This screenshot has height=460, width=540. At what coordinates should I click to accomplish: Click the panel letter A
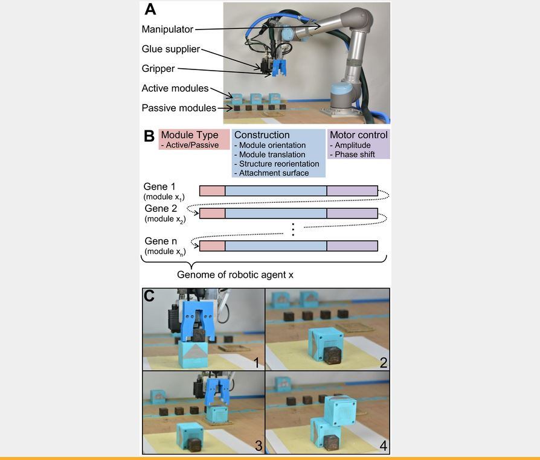click(150, 10)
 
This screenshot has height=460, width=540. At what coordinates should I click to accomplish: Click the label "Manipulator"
click(167, 29)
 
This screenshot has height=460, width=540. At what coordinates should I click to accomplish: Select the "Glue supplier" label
click(170, 49)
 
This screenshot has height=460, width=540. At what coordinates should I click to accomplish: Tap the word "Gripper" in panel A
click(158, 69)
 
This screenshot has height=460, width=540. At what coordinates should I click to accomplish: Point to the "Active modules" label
click(175, 88)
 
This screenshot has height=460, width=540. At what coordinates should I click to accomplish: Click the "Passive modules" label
click(178, 108)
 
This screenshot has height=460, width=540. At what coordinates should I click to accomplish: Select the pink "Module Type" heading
click(189, 135)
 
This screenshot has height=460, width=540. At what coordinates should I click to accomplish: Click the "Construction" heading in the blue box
click(262, 135)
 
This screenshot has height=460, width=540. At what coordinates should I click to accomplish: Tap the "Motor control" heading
click(359, 135)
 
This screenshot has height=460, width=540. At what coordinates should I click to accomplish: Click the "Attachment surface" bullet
click(274, 173)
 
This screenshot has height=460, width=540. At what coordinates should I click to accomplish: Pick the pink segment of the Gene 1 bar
click(212, 191)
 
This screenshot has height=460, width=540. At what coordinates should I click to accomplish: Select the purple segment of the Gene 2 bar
click(352, 213)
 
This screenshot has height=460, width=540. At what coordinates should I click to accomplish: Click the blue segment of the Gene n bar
click(275, 246)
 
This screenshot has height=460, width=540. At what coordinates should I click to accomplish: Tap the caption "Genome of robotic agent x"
click(235, 274)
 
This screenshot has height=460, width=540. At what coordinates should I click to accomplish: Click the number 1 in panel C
click(256, 363)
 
